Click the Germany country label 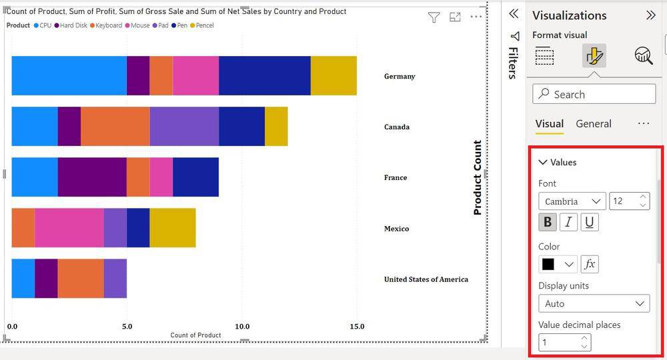coord(400,76)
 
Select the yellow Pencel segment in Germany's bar coord(333,75)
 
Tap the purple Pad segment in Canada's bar coord(184,126)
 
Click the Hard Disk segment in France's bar coord(92,177)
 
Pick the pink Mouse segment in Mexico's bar coord(69,227)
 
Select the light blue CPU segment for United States coord(23,278)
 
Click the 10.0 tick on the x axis coord(242,327)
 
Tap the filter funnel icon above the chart coord(434,18)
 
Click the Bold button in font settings coord(547,222)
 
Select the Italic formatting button coord(568,222)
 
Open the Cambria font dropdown coord(572,201)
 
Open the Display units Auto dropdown coord(594,303)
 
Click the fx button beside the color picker coord(590,264)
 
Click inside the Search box coord(594,94)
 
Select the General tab coord(594,123)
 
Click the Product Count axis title coord(478,177)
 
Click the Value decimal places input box coord(559,342)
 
